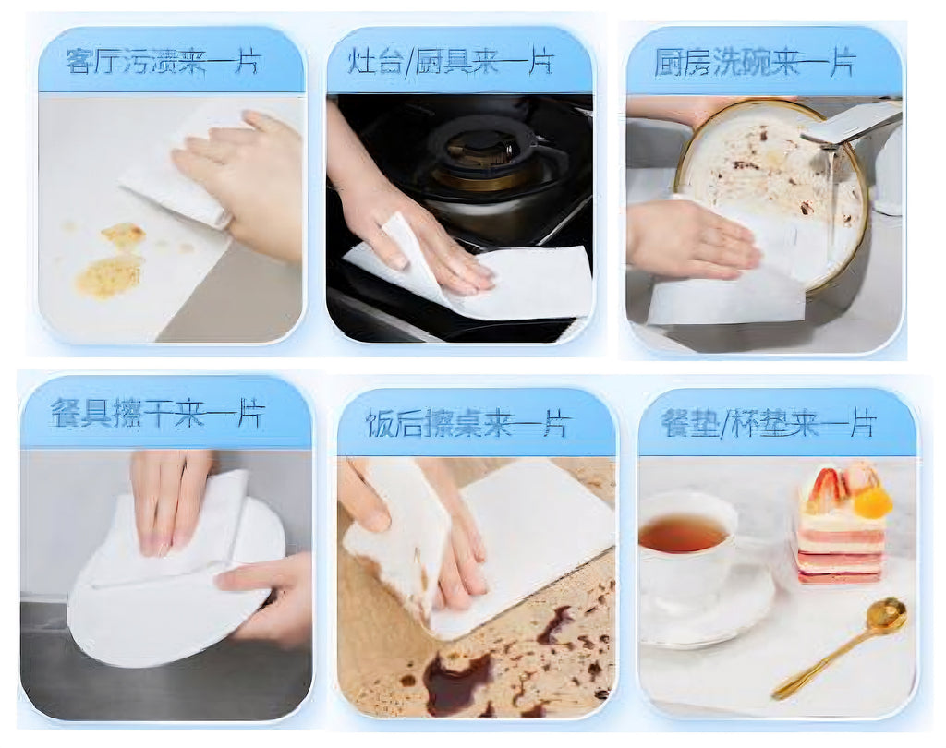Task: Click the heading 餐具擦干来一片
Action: pos(157,413)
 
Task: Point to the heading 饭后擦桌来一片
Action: pos(467,424)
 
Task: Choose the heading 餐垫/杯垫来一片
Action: pos(768,423)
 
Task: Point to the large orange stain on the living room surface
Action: pos(109,275)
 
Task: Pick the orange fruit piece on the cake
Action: pos(871,502)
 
